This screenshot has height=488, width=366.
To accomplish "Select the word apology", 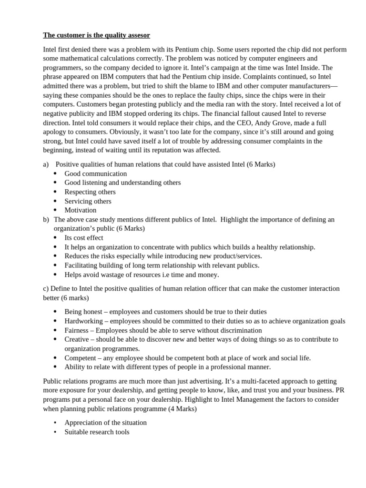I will (x=55, y=132).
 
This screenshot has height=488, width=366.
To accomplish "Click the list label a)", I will (x=46, y=164).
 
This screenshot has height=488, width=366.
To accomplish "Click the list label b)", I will (x=46, y=220).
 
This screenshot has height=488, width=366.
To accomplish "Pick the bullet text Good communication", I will (x=96, y=173).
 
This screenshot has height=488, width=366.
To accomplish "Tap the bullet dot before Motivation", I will (x=55, y=210).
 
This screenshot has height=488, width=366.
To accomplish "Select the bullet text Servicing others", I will (x=88, y=201).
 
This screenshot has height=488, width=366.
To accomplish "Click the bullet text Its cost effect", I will (x=84, y=238).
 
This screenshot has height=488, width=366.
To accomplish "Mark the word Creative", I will (x=77, y=339).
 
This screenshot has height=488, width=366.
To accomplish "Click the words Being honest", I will (x=83, y=312).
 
